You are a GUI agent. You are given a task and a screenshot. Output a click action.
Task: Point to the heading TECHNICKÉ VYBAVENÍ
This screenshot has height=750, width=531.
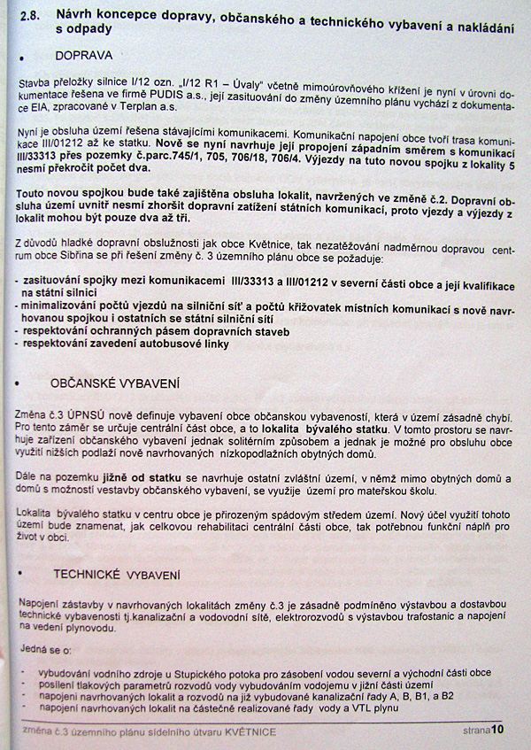(116, 574)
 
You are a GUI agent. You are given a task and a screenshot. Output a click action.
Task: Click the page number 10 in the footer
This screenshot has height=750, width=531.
(497, 731)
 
